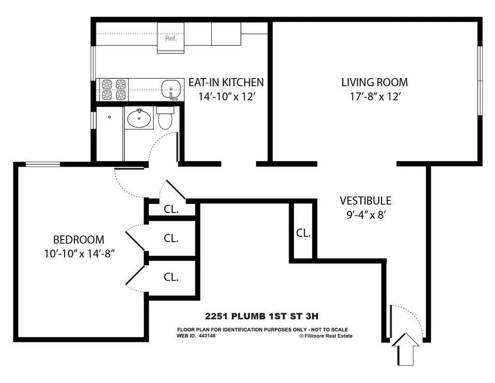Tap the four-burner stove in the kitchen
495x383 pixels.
pos(114,90)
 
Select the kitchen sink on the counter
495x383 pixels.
pos(171,89)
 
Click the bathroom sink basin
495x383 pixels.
pos(140,118)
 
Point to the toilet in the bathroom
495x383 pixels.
pos(165,119)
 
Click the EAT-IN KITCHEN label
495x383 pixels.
pos(226,82)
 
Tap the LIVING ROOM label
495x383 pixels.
pos(375,82)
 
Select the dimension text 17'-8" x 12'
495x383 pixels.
pos(375,96)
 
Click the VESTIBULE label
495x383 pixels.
pos(365,200)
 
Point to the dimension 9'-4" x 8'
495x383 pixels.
pos(365,214)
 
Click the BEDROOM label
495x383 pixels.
pos(78,239)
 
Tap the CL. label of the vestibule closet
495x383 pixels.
pos(303,233)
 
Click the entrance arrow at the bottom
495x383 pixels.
pos(405,349)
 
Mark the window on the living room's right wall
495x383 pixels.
pos(480,81)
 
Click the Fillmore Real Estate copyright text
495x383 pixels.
pos(326,336)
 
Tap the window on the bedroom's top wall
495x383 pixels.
pos(43,164)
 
